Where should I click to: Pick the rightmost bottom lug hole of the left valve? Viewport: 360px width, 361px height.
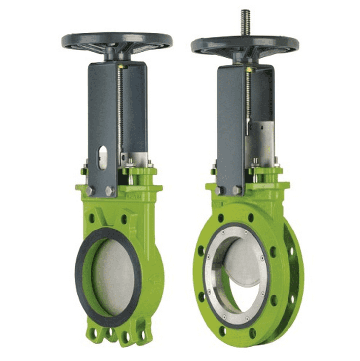coord(143,335)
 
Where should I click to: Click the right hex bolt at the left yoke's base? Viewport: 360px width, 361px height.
coord(109,190)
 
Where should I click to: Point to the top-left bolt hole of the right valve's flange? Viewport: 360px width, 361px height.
coord(221,218)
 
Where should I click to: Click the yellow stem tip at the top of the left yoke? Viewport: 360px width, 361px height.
coord(120,66)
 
